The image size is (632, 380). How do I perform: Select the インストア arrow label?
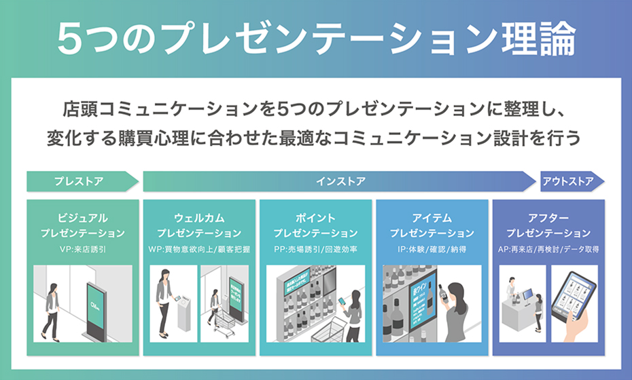[340, 181]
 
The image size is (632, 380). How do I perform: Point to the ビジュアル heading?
[83, 218]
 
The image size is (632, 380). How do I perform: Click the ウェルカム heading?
[199, 218]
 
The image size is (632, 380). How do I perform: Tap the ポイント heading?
[315, 218]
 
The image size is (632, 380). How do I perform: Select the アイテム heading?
[432, 218]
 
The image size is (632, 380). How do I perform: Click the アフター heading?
[548, 218]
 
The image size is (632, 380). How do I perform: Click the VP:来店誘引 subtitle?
[83, 249]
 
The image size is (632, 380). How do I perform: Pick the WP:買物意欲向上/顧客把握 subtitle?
[199, 249]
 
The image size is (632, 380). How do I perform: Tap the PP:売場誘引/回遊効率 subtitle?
[315, 249]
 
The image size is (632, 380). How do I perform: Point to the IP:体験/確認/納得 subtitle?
[432, 249]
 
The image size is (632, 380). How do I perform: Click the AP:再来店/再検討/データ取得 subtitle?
[548, 249]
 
